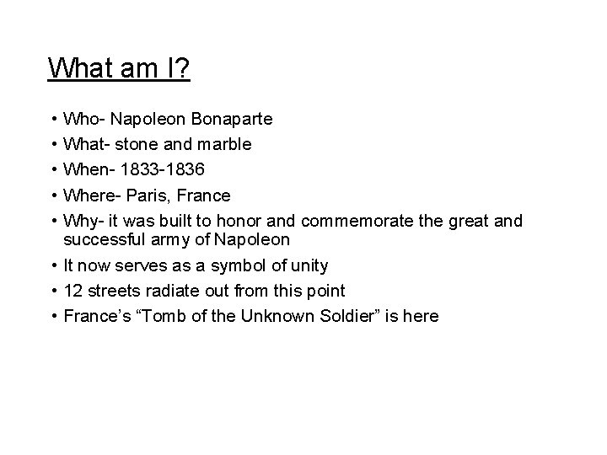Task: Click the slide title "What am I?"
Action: click(119, 67)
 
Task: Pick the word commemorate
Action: click(351, 221)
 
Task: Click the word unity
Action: click(307, 266)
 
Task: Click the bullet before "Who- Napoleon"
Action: click(53, 120)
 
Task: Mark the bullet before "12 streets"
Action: click(53, 291)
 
